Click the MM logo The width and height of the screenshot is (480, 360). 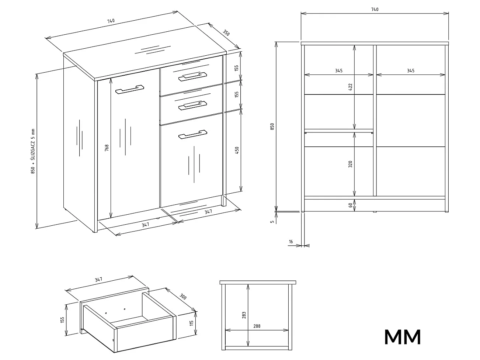coord(402,337)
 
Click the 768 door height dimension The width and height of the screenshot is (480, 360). coord(107,148)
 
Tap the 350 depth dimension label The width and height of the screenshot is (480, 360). coord(226,33)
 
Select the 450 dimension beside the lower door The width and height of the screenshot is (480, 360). coord(237,150)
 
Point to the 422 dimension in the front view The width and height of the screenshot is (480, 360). coord(350,87)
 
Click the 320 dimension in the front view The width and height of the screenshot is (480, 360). coord(350,164)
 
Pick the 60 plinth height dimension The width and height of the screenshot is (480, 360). coord(350,205)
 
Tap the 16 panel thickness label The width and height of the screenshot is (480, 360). coord(291,242)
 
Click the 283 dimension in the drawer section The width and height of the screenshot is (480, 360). coord(244,315)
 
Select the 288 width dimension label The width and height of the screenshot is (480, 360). coord(257,326)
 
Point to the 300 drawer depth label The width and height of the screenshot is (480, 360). coord(183,296)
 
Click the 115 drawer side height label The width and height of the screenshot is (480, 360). coord(192,323)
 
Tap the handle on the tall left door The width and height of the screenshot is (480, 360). coord(130,90)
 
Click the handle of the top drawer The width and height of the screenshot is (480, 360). coord(193,77)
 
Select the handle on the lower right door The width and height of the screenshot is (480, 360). coord(193,135)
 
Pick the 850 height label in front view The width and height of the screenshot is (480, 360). coord(272,127)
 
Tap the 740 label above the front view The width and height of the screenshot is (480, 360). coord(375,9)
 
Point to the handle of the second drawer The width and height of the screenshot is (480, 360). coord(193,105)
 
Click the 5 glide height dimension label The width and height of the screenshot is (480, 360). coord(272,222)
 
